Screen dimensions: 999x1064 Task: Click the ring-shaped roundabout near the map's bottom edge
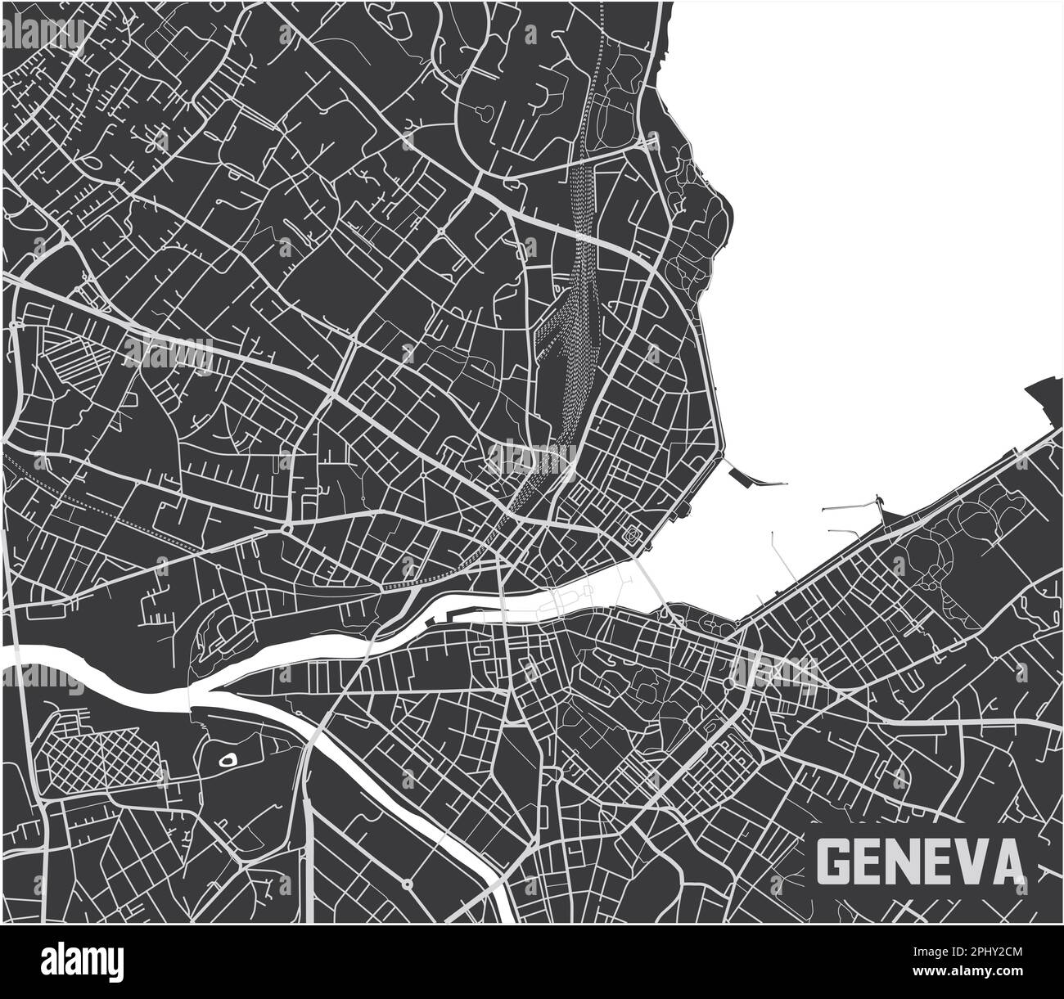tap(407, 884)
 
